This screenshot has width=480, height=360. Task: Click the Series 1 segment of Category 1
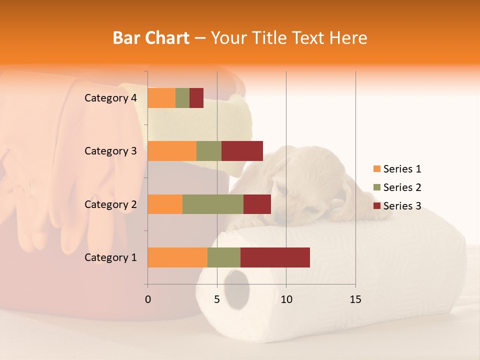point(177,257)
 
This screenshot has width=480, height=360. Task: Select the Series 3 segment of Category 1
point(275,257)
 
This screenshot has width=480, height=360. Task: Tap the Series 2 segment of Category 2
point(213,204)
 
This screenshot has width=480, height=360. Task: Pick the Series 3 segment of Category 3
point(242,151)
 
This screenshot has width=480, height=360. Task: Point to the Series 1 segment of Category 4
point(161,98)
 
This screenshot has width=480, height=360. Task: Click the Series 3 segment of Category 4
point(196,98)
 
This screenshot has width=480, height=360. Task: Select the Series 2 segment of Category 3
point(209,151)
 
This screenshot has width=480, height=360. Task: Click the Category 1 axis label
point(110,257)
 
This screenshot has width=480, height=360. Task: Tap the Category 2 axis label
point(110,204)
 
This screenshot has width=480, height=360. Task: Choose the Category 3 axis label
point(110,151)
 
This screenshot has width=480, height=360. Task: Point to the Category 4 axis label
point(110,98)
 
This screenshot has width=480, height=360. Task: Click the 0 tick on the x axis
point(148,299)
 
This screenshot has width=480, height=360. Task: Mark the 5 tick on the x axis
point(217,299)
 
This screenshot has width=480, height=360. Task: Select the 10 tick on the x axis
point(286,299)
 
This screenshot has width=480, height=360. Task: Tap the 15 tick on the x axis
point(355,299)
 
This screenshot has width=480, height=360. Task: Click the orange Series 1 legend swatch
point(376,169)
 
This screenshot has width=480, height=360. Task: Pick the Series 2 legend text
point(402,187)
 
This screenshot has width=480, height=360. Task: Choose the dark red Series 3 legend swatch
point(376,206)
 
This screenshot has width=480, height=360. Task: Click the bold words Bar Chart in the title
point(151,38)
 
